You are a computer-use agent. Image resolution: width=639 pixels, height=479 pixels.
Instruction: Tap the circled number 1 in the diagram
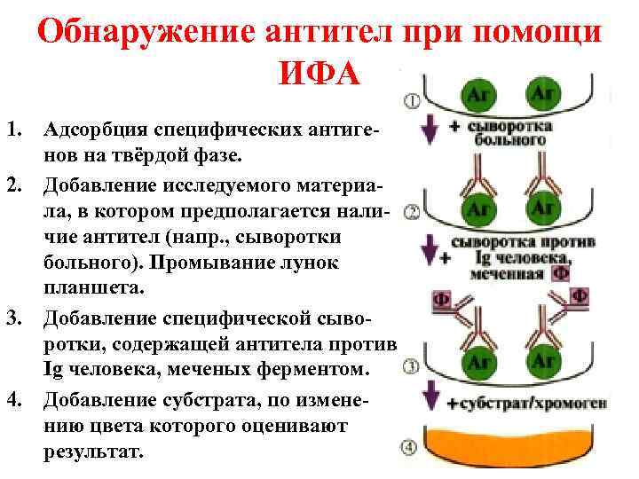pos(412,100)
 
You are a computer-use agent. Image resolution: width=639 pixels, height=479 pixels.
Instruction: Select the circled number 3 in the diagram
pos(412,366)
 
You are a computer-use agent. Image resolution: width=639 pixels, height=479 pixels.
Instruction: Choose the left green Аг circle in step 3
pos(478,361)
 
